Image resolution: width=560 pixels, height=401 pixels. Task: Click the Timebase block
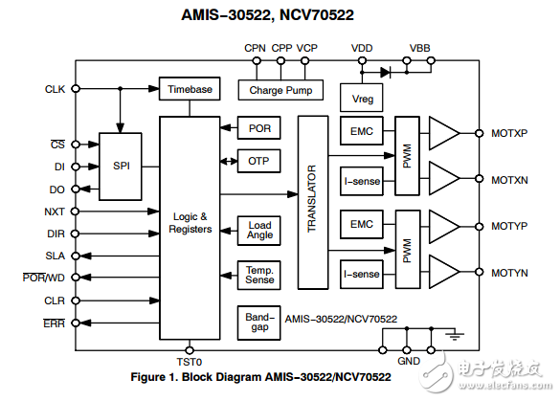coord(190,89)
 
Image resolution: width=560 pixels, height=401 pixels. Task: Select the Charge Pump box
coord(280,91)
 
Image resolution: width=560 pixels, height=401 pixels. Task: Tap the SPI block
coord(122,166)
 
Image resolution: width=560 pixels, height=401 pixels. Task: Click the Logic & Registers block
coord(190,223)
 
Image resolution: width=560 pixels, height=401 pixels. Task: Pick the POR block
coord(259,128)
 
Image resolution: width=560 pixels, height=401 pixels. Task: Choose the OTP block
coord(259,161)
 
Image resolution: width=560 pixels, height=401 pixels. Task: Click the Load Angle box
coord(259,231)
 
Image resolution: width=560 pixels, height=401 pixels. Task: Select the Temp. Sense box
coord(259,275)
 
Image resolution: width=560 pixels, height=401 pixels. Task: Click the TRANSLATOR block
coord(312,202)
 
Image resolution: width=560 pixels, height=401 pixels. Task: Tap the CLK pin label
coord(55,89)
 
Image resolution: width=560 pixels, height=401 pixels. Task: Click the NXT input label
coord(55,212)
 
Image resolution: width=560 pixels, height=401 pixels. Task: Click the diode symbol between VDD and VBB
coord(386,71)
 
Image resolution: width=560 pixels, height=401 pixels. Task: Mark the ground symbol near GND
coord(457,335)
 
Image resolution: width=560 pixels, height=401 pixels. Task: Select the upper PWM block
coord(407,156)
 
